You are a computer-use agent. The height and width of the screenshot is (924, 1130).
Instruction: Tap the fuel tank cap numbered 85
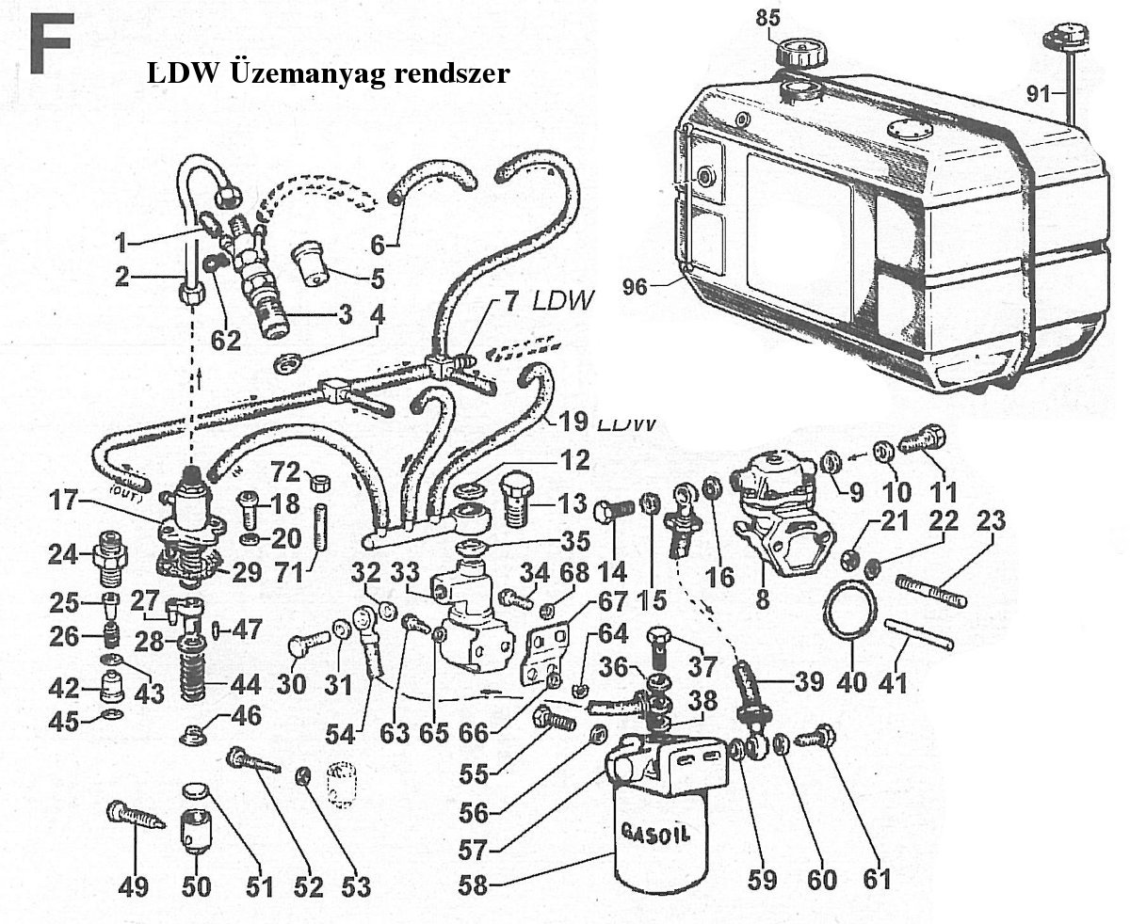click(797, 49)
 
